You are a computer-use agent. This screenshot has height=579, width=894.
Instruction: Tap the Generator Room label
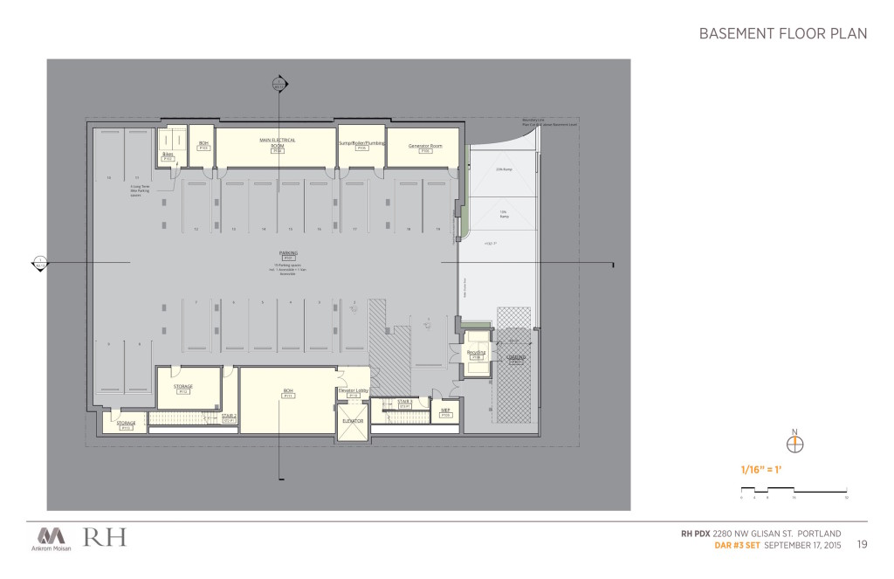tap(425, 146)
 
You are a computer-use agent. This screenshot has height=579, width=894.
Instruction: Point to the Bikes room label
tap(168, 155)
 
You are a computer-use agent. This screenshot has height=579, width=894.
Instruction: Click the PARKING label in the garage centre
tap(287, 253)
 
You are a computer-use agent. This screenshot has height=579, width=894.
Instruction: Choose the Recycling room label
tap(476, 353)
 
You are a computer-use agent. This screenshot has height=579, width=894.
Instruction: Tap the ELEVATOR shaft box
tap(352, 421)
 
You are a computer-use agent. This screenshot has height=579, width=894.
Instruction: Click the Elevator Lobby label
tap(354, 390)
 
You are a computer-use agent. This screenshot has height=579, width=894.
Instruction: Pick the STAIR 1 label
tap(404, 402)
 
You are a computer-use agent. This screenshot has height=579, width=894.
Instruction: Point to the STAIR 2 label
tap(230, 417)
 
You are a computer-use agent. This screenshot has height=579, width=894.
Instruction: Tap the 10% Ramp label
tap(503, 212)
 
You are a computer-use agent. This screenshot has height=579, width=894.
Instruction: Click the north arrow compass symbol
tap(794, 444)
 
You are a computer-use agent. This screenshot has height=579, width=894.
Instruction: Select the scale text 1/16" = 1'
tap(762, 470)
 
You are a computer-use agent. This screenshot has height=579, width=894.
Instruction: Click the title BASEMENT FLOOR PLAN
tap(782, 34)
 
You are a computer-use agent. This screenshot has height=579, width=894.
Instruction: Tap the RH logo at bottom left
tap(105, 537)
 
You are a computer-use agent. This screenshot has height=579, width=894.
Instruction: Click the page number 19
tap(862, 545)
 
